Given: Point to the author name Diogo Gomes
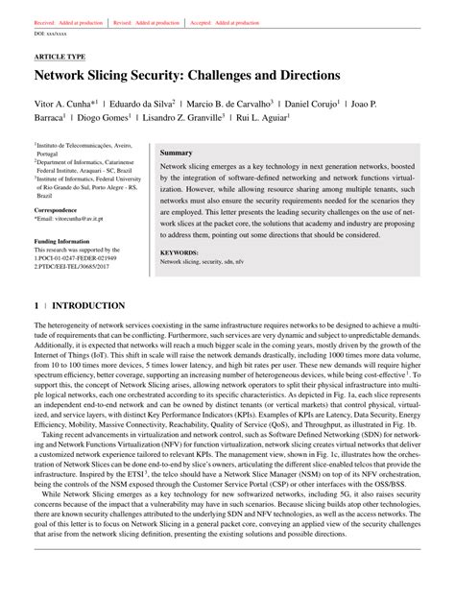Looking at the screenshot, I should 98,119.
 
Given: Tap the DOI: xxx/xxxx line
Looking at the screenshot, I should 54,33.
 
